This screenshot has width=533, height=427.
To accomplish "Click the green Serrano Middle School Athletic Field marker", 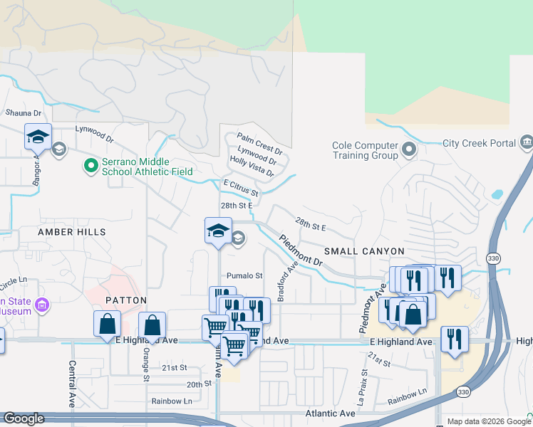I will point(90,166).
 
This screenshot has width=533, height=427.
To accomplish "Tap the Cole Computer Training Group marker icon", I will point(409,150).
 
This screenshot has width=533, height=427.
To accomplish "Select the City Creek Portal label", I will point(478,143).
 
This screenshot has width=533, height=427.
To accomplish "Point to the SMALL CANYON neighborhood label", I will point(364,251).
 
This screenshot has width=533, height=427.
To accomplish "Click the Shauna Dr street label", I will point(24,112).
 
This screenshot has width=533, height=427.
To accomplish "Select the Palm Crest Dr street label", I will point(259,143).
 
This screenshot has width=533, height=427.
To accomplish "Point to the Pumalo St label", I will point(244,275).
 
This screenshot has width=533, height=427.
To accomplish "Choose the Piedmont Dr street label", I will point(301,251).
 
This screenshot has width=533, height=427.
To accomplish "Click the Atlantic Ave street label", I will point(330,413).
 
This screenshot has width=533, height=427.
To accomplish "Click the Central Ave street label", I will point(72,382).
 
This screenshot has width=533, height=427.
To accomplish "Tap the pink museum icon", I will point(42,305).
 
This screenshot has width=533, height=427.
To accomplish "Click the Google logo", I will point(24,418).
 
